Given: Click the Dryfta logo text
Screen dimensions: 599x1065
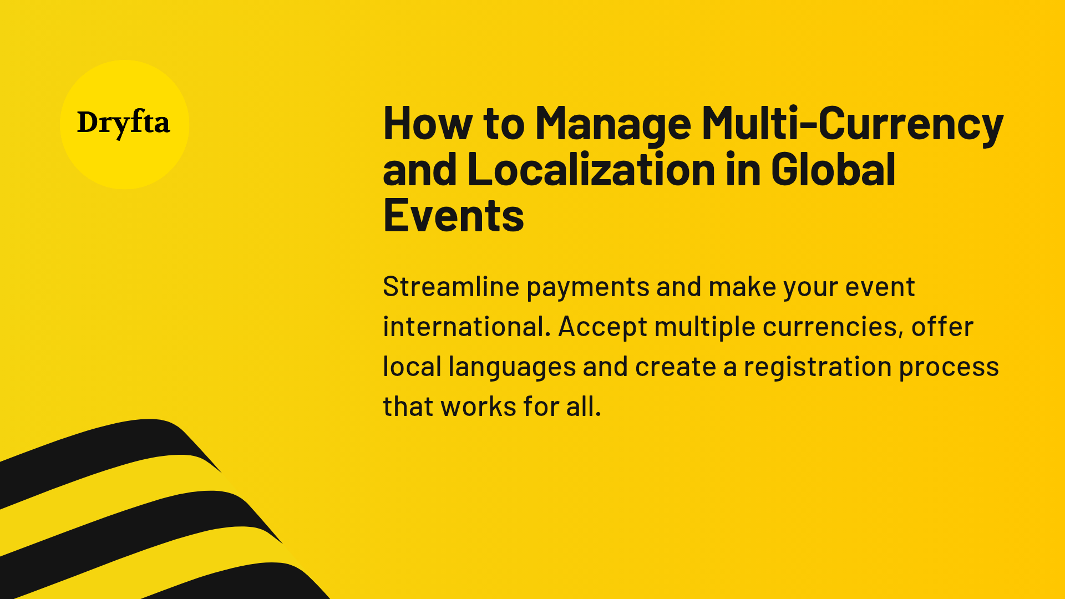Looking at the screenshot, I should [x=123, y=123].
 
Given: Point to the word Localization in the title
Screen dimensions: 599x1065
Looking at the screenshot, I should [x=591, y=169].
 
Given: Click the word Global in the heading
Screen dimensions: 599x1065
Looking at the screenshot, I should [x=833, y=169].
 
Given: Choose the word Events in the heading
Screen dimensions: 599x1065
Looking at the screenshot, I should [x=453, y=216].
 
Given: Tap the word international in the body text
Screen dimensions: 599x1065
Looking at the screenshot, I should [x=466, y=327].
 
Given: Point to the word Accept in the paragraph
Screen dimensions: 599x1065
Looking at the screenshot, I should [x=602, y=327].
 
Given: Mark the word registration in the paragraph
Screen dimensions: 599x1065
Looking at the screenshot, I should [x=818, y=367].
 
